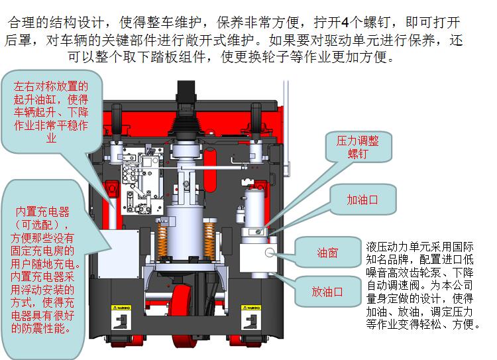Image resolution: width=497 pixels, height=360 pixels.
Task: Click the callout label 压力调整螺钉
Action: pyautogui.click(x=358, y=147)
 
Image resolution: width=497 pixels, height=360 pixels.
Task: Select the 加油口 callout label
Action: pyautogui.click(x=362, y=200)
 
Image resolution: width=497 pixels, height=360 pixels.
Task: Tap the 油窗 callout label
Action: pyautogui.click(x=327, y=253)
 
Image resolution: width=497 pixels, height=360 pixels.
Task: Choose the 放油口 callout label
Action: pyautogui.click(x=327, y=292)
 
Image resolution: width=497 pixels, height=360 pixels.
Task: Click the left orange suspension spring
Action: pyautogui.click(x=162, y=239)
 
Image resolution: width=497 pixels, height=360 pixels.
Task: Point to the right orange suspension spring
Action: pyautogui.click(x=209, y=239)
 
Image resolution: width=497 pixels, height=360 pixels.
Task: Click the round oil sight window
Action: pyautogui.click(x=270, y=253)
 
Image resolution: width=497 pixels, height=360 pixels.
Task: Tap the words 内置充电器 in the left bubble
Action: pyautogui.click(x=42, y=211)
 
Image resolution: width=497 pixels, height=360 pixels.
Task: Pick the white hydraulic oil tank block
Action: pyautogui.click(x=258, y=257)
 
